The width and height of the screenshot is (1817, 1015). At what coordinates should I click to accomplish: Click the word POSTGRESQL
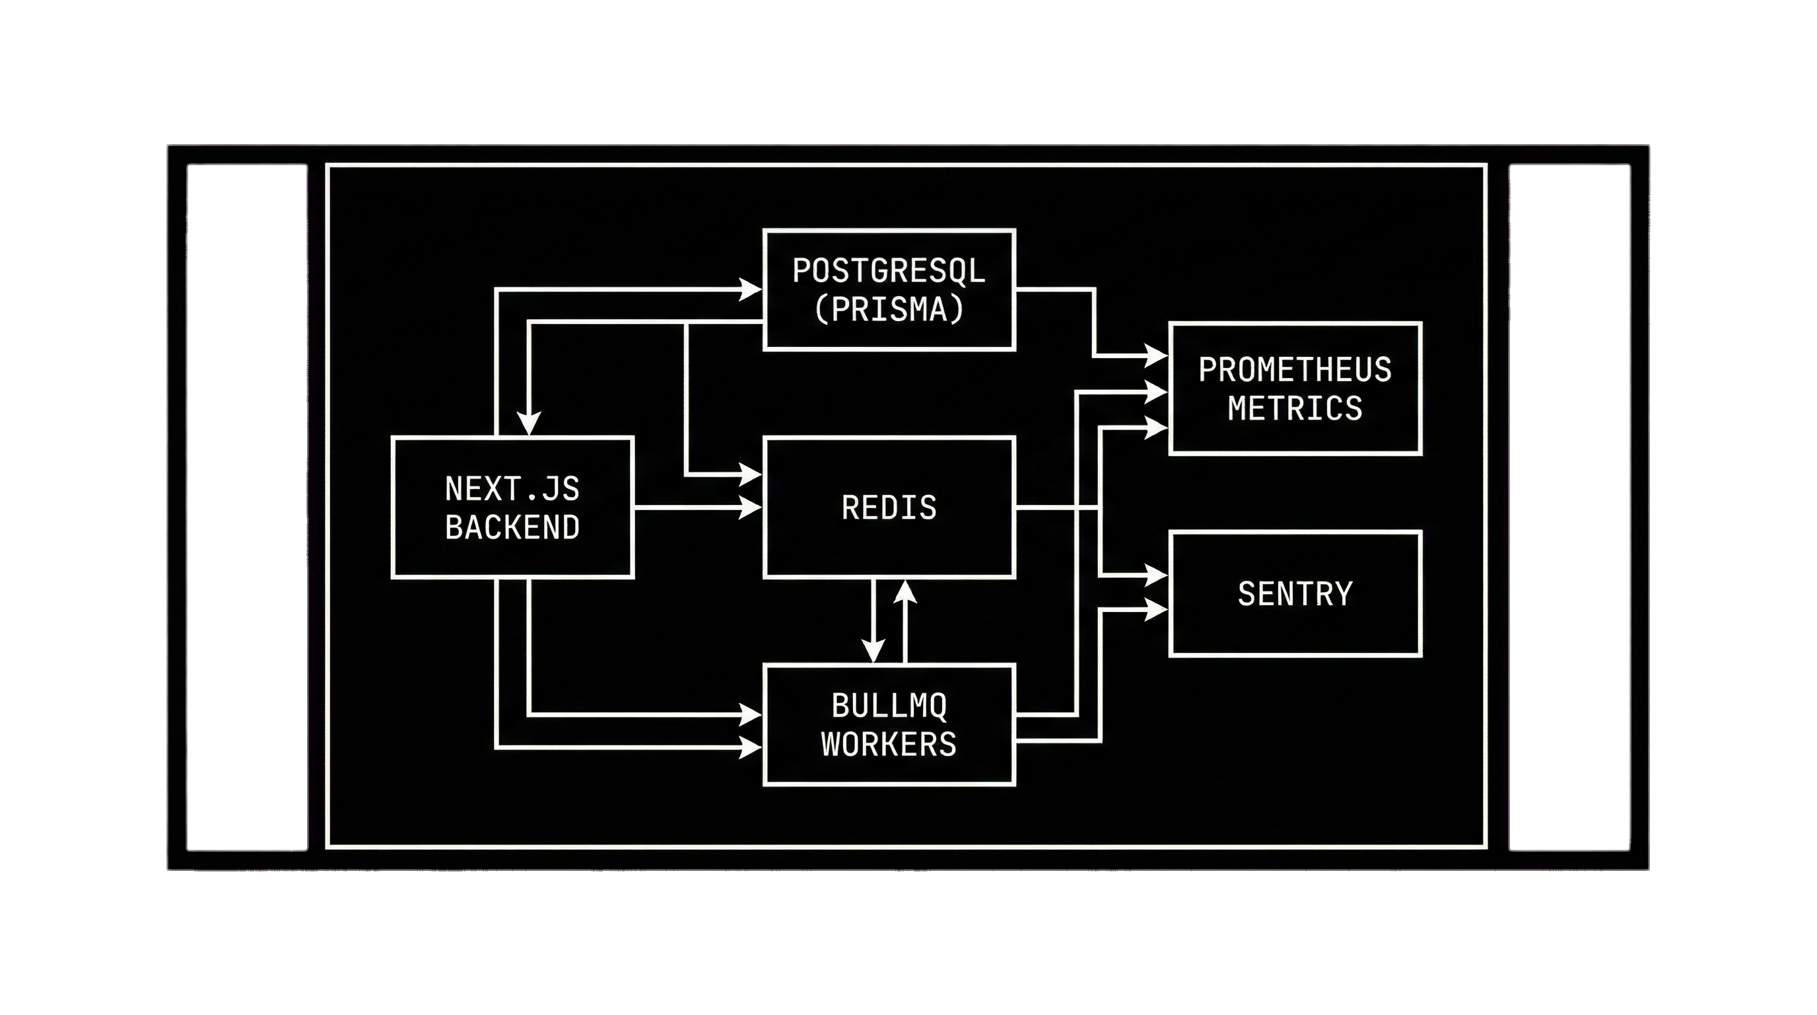[888, 271]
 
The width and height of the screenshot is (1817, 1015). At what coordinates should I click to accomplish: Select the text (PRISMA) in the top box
[888, 310]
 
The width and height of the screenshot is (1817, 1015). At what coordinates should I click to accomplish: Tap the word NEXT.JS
[512, 488]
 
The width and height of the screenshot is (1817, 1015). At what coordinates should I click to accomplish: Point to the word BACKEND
[512, 527]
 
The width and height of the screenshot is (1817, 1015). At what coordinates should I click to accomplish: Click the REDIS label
[889, 507]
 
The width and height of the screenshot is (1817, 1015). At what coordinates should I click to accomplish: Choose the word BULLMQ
[889, 706]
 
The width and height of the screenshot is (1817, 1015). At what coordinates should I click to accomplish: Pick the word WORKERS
[889, 744]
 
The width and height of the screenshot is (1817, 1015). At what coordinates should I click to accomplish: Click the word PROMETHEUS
[1295, 370]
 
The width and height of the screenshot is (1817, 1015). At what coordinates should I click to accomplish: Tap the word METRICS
[1295, 408]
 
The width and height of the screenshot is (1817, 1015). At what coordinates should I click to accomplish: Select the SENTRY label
[1295, 593]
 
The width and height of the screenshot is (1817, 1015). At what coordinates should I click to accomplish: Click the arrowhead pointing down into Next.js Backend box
[529, 424]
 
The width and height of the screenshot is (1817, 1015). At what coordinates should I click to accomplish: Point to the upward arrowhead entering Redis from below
[905, 590]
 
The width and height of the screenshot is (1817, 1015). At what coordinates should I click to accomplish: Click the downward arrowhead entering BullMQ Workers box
[874, 652]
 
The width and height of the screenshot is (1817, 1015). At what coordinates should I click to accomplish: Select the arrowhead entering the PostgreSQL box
[751, 289]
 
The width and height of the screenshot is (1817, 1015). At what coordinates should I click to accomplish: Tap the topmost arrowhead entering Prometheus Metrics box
[1156, 356]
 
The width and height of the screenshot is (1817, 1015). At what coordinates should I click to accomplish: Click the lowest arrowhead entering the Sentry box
[1156, 609]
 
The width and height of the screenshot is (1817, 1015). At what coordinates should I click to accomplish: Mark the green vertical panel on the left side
[247, 507]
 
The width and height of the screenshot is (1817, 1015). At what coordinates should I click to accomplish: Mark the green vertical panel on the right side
[1569, 507]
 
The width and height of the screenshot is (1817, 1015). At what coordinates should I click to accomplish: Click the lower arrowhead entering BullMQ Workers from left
[751, 747]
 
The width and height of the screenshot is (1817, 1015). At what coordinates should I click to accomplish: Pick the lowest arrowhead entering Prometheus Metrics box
[1156, 427]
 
